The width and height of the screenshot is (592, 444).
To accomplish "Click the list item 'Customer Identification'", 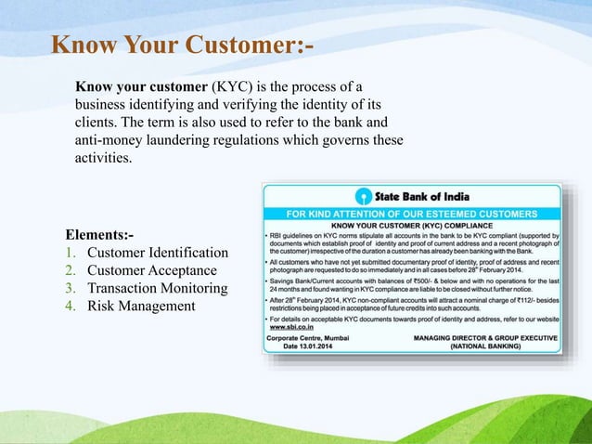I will (x=157, y=253).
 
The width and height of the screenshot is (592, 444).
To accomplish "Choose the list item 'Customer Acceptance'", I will (x=151, y=270).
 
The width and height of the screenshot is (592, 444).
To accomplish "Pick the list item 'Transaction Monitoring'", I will (x=157, y=288).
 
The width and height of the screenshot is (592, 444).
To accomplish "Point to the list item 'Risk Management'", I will (x=141, y=306).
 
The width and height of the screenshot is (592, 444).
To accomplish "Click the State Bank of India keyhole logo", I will (x=362, y=196).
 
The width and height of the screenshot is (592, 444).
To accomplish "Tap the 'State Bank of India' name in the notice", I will (x=421, y=196).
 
